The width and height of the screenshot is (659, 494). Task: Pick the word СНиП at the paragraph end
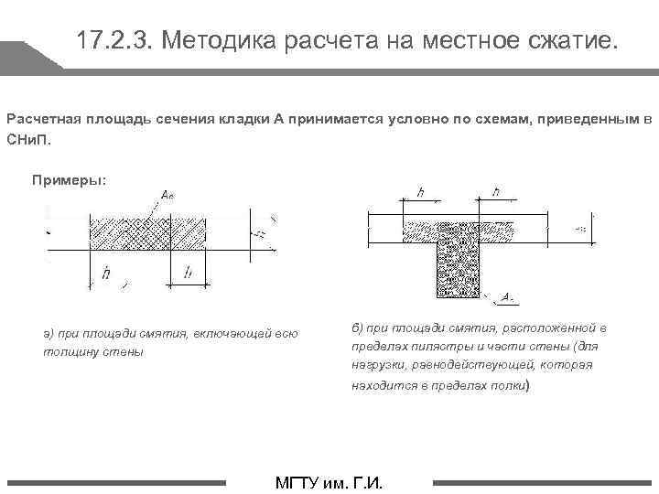[28, 141]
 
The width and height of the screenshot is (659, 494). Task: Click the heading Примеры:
[70, 179]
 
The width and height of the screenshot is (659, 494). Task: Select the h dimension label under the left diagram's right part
[188, 272]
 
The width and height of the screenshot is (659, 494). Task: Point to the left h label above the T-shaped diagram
[420, 192]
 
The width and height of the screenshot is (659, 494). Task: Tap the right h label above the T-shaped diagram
[495, 192]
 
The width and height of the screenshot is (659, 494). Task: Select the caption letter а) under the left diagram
[48, 334]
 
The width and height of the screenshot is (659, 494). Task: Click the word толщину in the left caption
[68, 351]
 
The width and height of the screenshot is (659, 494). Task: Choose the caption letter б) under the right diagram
[358, 328]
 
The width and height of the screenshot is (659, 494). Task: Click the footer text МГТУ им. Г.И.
[329, 483]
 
